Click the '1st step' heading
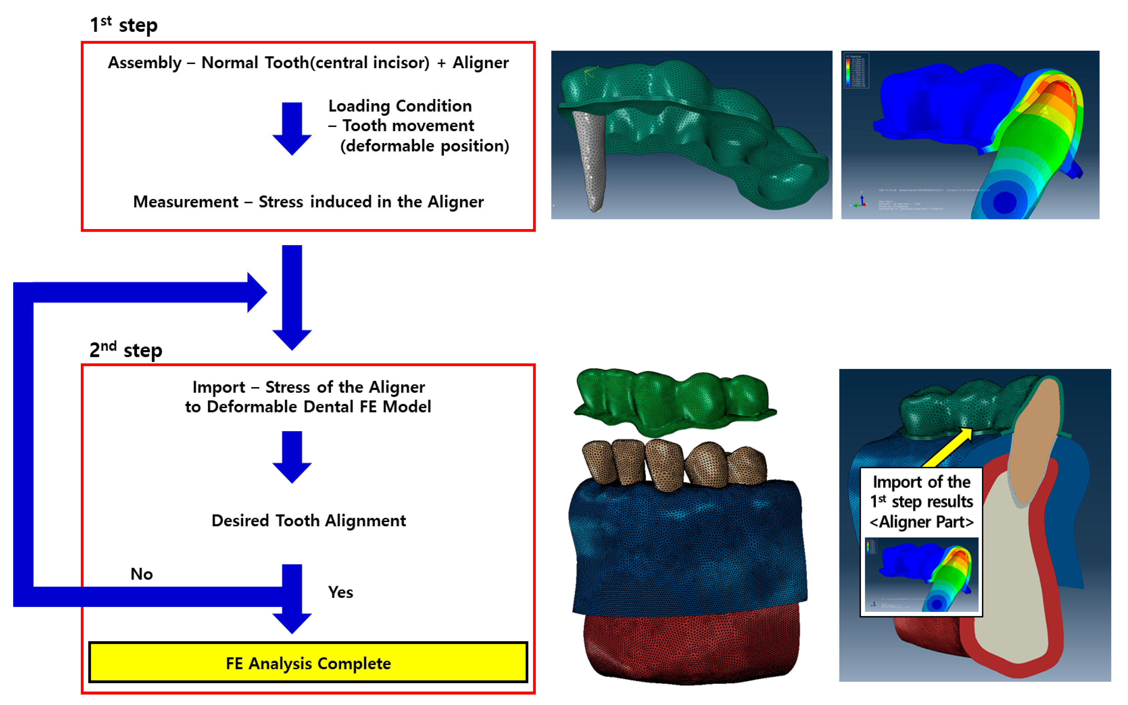click(x=123, y=25)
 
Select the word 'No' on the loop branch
click(x=141, y=574)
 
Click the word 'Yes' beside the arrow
click(x=340, y=592)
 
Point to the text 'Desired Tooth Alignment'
click(x=308, y=520)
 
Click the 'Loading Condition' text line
click(x=400, y=106)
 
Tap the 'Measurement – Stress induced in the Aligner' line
click(x=308, y=202)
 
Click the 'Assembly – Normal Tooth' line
click(x=308, y=62)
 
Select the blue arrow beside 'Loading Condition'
click(x=292, y=128)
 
